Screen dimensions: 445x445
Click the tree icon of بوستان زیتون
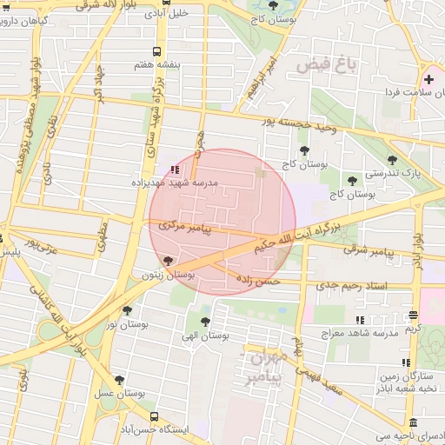coord(168,260)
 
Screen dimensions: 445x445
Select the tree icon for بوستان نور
coord(128,310)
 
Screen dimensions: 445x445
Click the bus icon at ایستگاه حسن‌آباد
coord(154,416)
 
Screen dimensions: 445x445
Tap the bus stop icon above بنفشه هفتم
coord(156,51)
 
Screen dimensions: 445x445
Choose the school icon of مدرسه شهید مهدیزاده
coord(174,169)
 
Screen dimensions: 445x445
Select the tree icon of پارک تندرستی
coord(393,160)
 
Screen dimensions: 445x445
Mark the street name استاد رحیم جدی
coord(351,285)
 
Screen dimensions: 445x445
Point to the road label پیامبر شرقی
coord(368,249)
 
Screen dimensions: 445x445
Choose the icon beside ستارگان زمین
coord(405,362)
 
